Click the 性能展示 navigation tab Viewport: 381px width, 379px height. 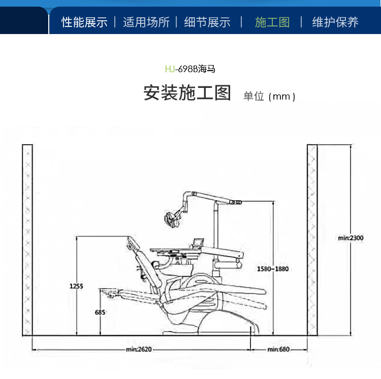(x=84, y=22)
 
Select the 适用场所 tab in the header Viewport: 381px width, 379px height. (x=146, y=22)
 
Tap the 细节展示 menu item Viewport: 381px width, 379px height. (x=207, y=22)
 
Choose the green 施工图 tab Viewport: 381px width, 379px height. (x=272, y=22)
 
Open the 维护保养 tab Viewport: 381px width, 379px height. (x=335, y=22)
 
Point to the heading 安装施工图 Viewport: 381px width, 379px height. (x=187, y=93)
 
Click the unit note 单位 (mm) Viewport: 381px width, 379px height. (x=269, y=96)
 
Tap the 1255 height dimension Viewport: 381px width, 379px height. (x=76, y=286)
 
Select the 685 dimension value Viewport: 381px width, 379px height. (x=100, y=312)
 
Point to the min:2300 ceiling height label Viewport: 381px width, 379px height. (x=351, y=237)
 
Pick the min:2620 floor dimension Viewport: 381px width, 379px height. (x=139, y=350)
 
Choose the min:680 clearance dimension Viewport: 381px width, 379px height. (x=278, y=350)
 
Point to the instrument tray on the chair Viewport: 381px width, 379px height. (x=173, y=249)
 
